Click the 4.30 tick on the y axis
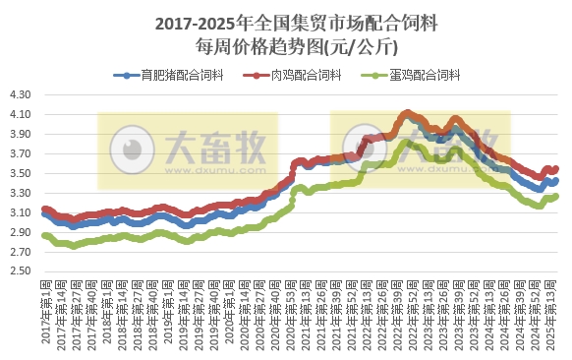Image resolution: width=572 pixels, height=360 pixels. [x=21, y=95]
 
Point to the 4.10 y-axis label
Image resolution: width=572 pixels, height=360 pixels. [x=21, y=115]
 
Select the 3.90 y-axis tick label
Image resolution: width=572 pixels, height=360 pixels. [x=21, y=135]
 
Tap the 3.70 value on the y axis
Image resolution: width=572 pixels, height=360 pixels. [x=21, y=154]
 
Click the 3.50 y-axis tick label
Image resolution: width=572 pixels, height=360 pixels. [x=21, y=174]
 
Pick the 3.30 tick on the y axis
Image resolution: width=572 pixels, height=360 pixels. [x=21, y=194]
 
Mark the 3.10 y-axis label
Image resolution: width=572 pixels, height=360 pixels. [x=21, y=213]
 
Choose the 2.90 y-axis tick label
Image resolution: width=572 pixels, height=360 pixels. [x=21, y=232]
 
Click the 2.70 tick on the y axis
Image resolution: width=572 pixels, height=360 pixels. [x=21, y=252]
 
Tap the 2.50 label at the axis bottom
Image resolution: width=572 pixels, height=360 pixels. [x=21, y=271]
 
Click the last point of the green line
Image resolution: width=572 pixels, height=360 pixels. [x=556, y=196]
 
